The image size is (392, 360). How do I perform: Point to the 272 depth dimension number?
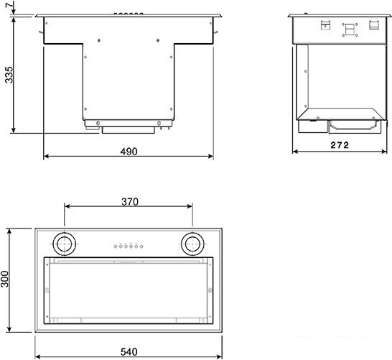339,145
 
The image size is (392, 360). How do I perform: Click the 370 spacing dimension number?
129,202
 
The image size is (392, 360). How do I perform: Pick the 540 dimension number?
129,352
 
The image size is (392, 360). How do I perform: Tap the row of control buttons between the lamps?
129,246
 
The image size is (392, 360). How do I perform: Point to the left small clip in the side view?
324,27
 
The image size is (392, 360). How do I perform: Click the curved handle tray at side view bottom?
353,126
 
